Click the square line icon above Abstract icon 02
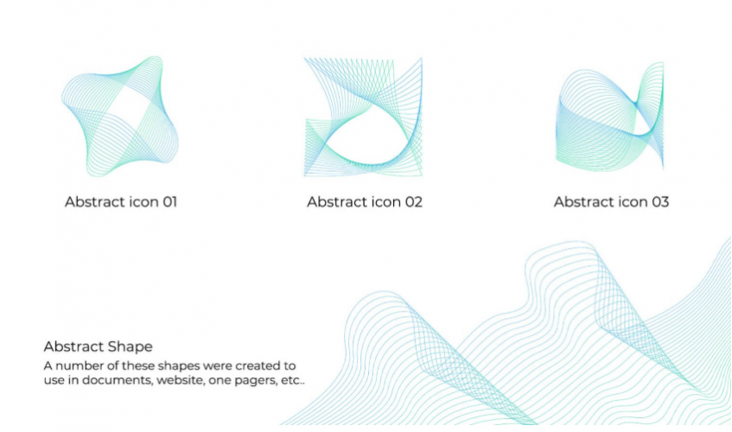pyautogui.click(x=363, y=118)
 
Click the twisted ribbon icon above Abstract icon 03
pyautogui.click(x=609, y=115)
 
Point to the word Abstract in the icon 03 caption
pyautogui.click(x=582, y=202)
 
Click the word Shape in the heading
pyautogui.click(x=131, y=346)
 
